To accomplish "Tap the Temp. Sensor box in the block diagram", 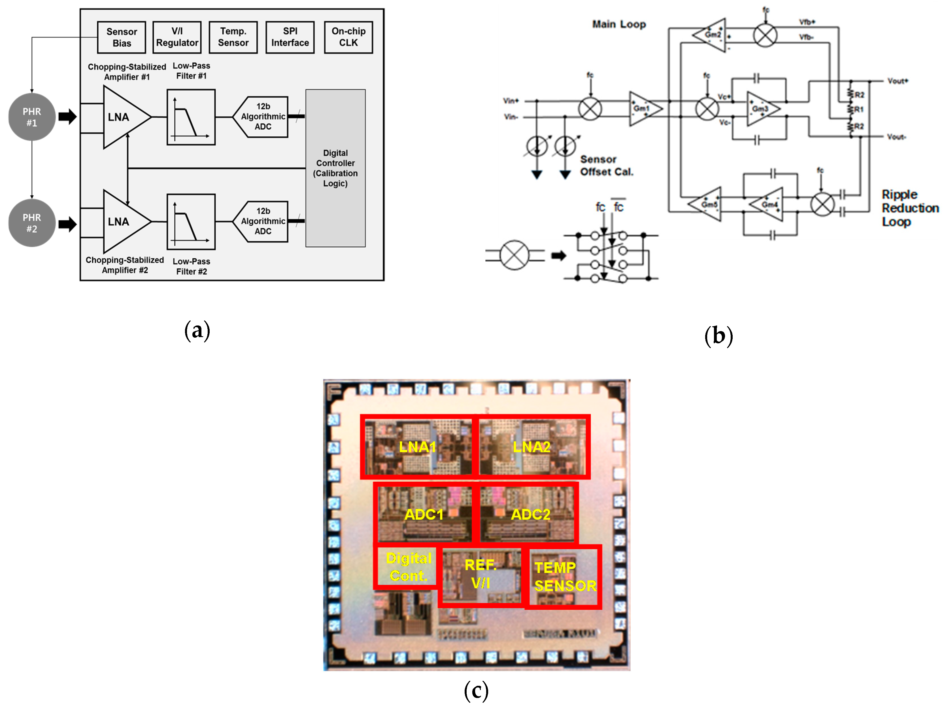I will (x=233, y=37).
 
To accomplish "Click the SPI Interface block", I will (x=290, y=37).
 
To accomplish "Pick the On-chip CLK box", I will (x=348, y=37).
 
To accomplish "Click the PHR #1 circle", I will (x=32, y=117).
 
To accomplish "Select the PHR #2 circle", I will (x=32, y=223).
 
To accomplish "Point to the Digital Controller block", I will (x=335, y=168).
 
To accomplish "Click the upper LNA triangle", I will (x=122, y=117).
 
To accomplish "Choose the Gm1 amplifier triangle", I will (x=644, y=109).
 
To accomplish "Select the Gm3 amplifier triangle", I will (x=761, y=109).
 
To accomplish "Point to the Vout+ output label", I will (x=897, y=81).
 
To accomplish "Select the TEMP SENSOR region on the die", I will (x=564, y=576).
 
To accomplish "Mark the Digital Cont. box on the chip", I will (x=408, y=567).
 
